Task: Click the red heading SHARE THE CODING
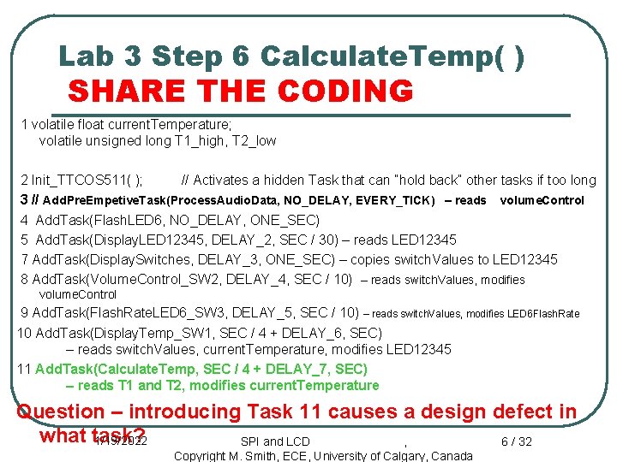(x=240, y=91)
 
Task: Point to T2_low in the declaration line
(x=255, y=140)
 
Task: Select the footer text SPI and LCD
(x=275, y=441)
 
